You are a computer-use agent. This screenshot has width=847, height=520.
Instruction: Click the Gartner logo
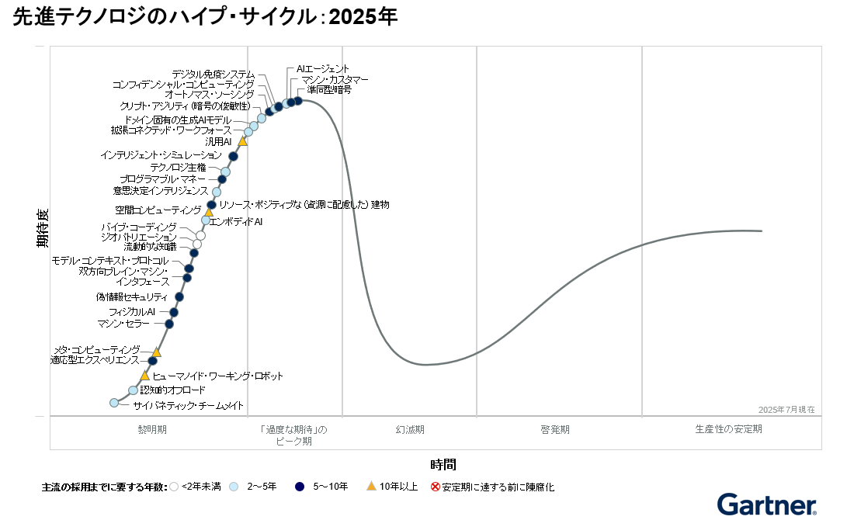(x=766, y=504)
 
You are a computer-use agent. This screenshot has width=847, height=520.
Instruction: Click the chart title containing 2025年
(x=205, y=17)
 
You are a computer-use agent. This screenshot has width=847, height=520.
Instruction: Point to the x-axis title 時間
(x=443, y=464)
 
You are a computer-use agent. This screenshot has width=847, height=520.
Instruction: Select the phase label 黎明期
(x=152, y=429)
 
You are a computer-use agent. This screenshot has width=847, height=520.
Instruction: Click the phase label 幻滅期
(x=409, y=429)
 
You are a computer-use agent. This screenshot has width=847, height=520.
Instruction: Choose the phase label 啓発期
(x=556, y=429)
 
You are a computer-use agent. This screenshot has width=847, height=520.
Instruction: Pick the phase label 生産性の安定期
(x=728, y=429)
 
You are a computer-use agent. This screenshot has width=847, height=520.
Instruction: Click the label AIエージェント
(x=323, y=69)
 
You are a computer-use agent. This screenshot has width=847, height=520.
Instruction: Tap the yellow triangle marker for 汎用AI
(x=242, y=141)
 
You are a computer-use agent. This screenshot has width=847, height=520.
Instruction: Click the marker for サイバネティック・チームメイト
(x=114, y=403)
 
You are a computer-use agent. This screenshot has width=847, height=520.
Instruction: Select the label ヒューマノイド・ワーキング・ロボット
(x=217, y=376)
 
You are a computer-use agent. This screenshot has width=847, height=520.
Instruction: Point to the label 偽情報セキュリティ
(x=131, y=297)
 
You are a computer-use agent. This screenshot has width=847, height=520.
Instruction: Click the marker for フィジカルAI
(x=174, y=313)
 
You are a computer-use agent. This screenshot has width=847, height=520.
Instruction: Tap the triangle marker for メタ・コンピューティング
(x=156, y=352)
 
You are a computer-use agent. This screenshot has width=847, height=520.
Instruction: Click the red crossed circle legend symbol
(x=436, y=487)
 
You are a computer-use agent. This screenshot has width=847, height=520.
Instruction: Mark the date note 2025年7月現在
(x=786, y=409)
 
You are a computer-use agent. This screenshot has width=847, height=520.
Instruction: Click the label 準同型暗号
(x=329, y=90)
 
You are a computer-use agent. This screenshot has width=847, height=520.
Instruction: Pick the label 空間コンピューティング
(x=158, y=210)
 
